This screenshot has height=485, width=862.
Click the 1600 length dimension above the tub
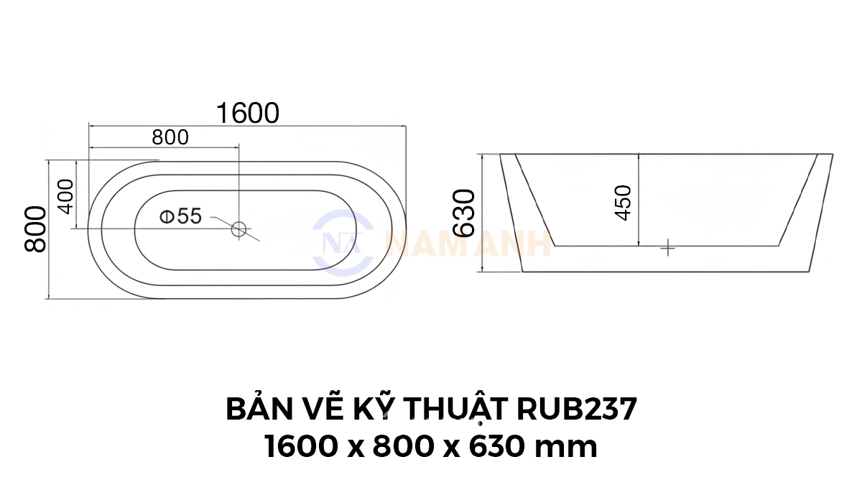(248, 114)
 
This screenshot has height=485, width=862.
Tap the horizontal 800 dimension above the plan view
(170, 138)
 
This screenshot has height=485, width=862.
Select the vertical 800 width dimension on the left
(35, 229)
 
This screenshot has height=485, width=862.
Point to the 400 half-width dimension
(66, 196)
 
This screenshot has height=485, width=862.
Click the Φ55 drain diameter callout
(180, 216)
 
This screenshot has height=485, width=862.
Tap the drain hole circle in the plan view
(238, 229)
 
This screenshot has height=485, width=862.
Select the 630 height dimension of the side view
(464, 213)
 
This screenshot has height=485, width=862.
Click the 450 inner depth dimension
(624, 203)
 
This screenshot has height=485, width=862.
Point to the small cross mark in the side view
(667, 247)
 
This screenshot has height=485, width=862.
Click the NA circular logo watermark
(343, 243)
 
